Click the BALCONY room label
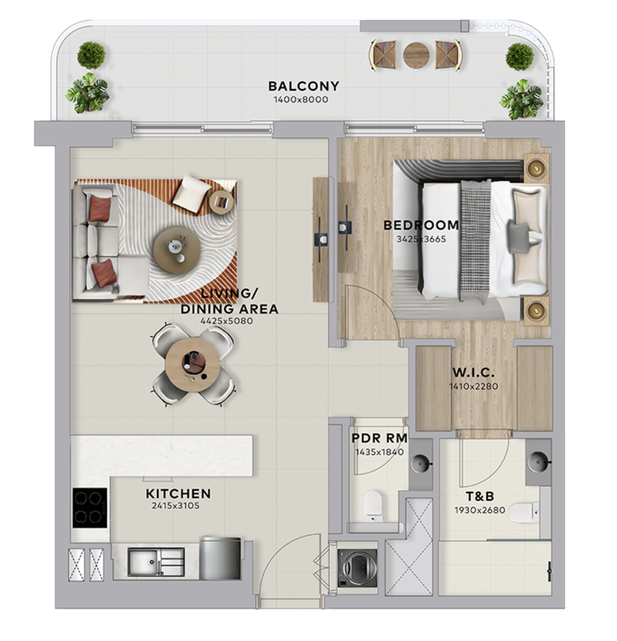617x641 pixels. [304, 86]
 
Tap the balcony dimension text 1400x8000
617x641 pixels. [301, 99]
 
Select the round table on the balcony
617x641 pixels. [416, 54]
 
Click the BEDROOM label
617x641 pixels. [421, 225]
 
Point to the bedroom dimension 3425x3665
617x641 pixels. [421, 238]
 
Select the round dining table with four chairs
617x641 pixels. [193, 363]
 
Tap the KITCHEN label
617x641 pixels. [178, 494]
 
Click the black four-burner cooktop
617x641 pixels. [90, 508]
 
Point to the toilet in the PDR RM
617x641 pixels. [372, 506]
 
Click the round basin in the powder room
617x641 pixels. [421, 464]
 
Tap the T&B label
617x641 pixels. [480, 496]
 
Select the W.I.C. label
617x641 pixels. [473, 372]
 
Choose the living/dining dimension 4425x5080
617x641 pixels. [226, 321]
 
